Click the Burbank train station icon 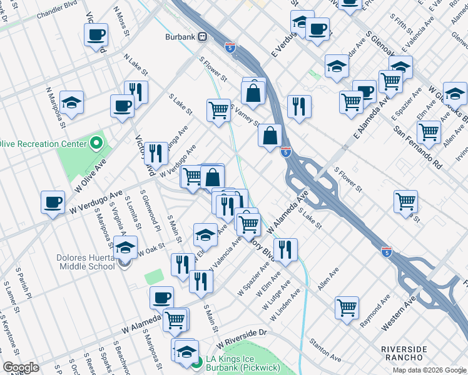click(x=203, y=37)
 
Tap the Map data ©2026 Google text click(x=429, y=370)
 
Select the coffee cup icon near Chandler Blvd click(x=96, y=35)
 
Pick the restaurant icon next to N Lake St click(x=136, y=92)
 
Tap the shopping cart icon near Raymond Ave click(x=347, y=307)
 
